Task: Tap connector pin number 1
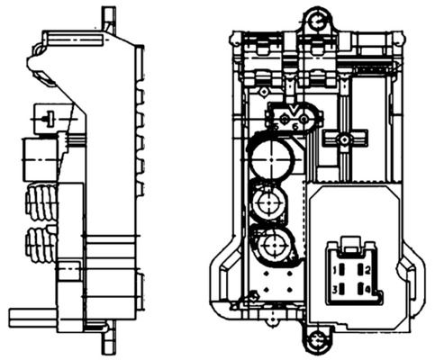pos(335,270)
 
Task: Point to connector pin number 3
pos(335,289)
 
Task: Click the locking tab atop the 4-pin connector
pos(352,242)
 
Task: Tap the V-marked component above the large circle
pos(293,114)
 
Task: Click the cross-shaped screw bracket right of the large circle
pos(342,140)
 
